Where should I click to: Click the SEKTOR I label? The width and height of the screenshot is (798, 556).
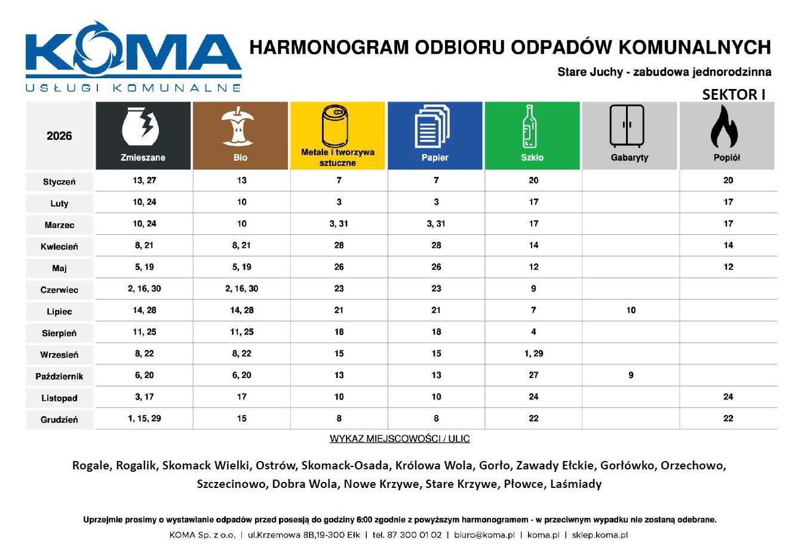pyautogui.click(x=733, y=94)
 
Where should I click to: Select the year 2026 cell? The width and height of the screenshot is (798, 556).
pyautogui.click(x=59, y=136)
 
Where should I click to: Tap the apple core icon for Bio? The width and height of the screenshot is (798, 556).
pyautogui.click(x=240, y=127)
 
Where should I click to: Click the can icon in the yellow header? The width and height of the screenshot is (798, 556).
pyautogui.click(x=337, y=126)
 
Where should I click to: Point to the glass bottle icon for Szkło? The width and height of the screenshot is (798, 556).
pyautogui.click(x=530, y=127)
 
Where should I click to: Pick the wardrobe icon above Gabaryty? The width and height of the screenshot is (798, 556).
pyautogui.click(x=627, y=126)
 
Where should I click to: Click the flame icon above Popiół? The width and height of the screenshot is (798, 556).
pyautogui.click(x=725, y=127)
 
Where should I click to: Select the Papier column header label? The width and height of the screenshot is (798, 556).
pyautogui.click(x=435, y=158)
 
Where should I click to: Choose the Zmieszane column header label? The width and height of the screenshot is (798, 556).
pyautogui.click(x=143, y=158)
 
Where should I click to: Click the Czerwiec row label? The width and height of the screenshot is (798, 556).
pyautogui.click(x=59, y=290)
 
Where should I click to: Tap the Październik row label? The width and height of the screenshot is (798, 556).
pyautogui.click(x=59, y=377)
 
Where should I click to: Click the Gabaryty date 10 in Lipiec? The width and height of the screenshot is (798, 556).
pyautogui.click(x=631, y=311)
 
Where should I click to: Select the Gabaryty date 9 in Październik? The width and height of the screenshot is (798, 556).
pyautogui.click(x=631, y=376)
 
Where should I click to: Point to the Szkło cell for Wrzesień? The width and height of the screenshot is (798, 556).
pyautogui.click(x=533, y=354)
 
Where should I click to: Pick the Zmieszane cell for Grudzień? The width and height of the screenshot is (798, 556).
pyautogui.click(x=145, y=419)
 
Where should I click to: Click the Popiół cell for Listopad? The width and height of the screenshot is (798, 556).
pyautogui.click(x=728, y=397)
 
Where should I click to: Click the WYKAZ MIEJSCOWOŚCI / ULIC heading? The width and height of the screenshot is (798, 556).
pyautogui.click(x=400, y=439)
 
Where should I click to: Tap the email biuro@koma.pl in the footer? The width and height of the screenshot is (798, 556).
pyautogui.click(x=484, y=535)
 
